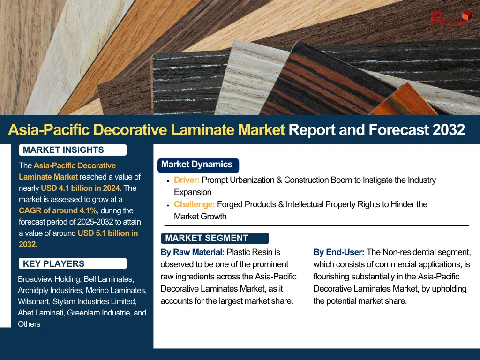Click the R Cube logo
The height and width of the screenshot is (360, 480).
click(x=450, y=18)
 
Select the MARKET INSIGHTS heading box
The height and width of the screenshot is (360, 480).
click(x=73, y=150)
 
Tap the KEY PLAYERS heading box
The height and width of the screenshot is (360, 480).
click(x=73, y=263)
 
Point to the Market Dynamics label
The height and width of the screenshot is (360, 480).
click(x=198, y=165)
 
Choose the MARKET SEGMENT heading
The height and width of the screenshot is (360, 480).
click(x=215, y=238)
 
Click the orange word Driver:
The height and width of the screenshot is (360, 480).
click(x=187, y=180)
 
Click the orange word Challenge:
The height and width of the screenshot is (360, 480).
click(x=195, y=204)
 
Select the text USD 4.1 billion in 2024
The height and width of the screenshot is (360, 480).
click(x=80, y=188)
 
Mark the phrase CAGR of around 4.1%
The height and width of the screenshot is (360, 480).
click(x=58, y=210)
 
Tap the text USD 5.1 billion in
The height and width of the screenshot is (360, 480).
click(x=108, y=233)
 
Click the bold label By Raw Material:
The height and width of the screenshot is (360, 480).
click(x=193, y=252)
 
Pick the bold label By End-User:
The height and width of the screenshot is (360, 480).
click(x=339, y=252)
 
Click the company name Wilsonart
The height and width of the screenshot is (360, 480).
click(x=33, y=301)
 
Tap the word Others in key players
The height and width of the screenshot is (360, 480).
click(x=29, y=324)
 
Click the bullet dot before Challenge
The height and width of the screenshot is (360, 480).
click(x=168, y=205)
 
